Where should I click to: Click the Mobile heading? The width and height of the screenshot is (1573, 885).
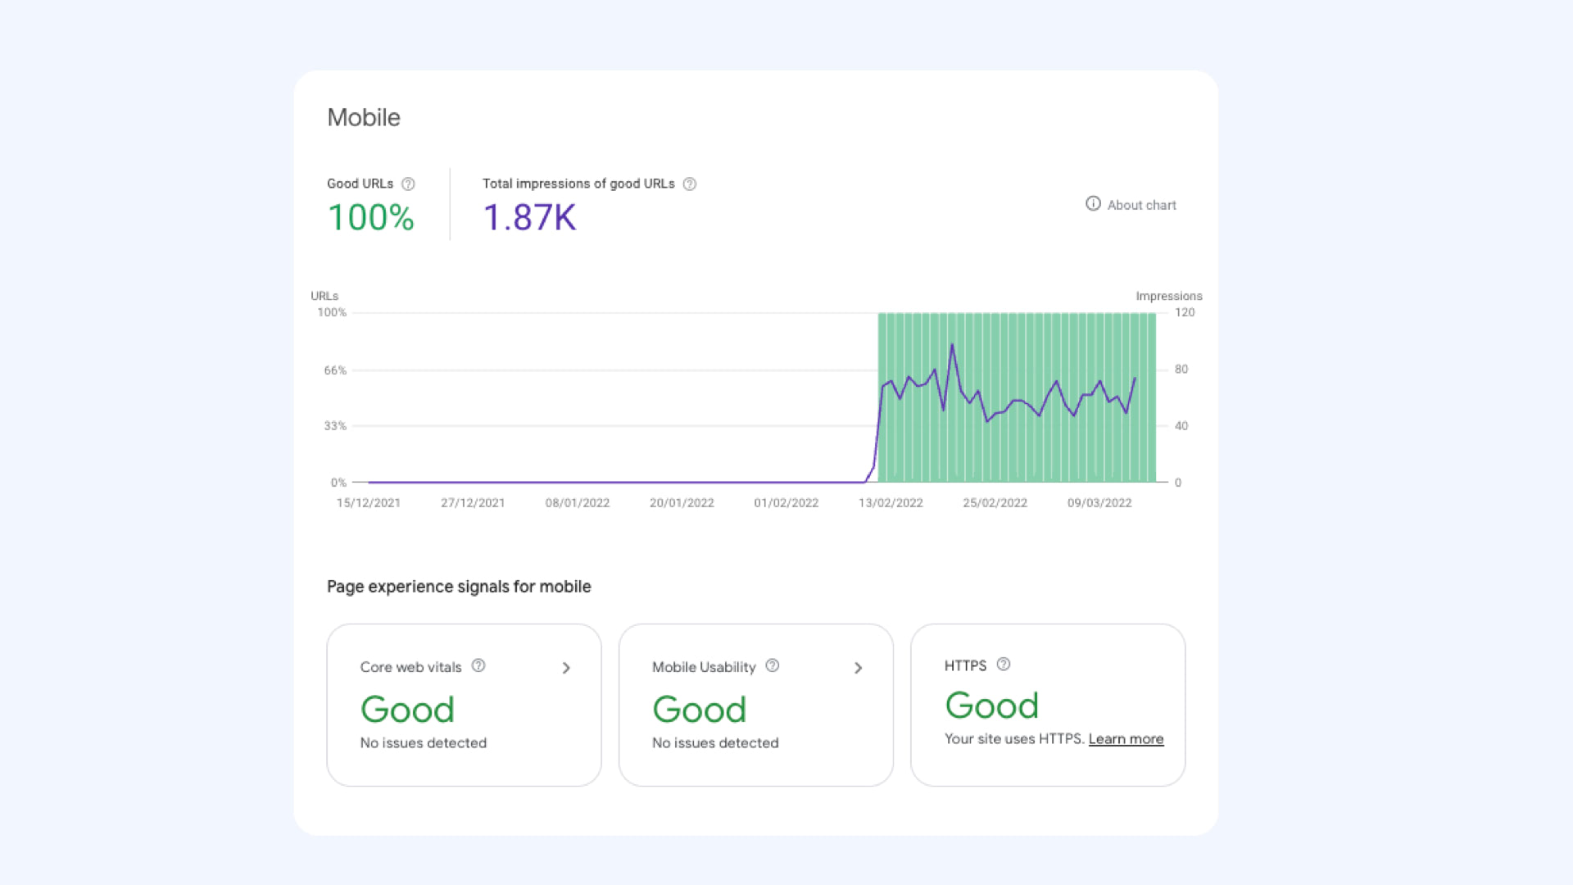pyautogui.click(x=364, y=117)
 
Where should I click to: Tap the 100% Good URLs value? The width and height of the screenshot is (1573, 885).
pyautogui.click(x=371, y=218)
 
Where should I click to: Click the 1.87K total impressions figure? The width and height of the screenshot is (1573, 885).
pyautogui.click(x=529, y=218)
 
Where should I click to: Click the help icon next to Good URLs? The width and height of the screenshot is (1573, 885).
pyautogui.click(x=408, y=184)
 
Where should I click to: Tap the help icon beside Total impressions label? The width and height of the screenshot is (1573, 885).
pyautogui.click(x=690, y=184)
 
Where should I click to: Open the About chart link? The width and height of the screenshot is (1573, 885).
pyautogui.click(x=1131, y=205)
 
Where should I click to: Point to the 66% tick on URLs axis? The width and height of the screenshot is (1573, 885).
pyautogui.click(x=335, y=370)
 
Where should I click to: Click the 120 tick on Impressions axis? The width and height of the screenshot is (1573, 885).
pyautogui.click(x=1185, y=312)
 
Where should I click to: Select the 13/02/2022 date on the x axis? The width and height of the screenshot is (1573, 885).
pyautogui.click(x=891, y=503)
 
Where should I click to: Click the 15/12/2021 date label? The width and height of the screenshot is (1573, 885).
pyautogui.click(x=369, y=503)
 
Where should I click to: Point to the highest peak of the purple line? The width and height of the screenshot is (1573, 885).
pyautogui.click(x=952, y=345)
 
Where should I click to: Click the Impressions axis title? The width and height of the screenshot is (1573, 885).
pyautogui.click(x=1168, y=296)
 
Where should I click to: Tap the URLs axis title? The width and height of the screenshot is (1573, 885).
pyautogui.click(x=324, y=296)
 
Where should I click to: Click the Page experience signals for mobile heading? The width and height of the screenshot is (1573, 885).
pyautogui.click(x=459, y=587)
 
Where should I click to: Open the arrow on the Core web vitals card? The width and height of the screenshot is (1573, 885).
pyautogui.click(x=566, y=668)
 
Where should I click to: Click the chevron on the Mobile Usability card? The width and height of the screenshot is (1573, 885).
pyautogui.click(x=858, y=668)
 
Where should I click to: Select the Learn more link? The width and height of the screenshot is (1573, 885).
pyautogui.click(x=1126, y=739)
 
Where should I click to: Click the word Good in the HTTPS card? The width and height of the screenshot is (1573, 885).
pyautogui.click(x=991, y=706)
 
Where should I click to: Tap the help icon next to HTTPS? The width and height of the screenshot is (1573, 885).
pyautogui.click(x=1004, y=665)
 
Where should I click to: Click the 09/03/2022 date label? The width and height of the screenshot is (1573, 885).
pyautogui.click(x=1099, y=503)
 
